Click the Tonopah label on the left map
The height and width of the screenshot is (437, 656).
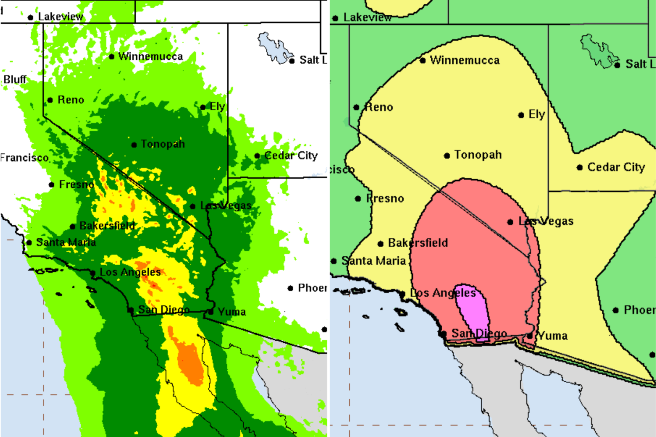(x=162, y=144)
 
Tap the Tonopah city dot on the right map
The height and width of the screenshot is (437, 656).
(x=447, y=155)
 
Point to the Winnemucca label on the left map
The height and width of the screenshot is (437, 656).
(x=150, y=56)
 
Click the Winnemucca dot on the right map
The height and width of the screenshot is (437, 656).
(x=423, y=61)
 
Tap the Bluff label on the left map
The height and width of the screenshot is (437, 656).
(x=15, y=79)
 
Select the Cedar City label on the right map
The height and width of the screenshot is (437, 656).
(x=616, y=167)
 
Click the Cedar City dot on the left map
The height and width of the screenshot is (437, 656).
(x=257, y=156)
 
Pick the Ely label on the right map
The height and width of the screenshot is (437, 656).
(x=537, y=114)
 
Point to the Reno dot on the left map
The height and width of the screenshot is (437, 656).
(x=50, y=100)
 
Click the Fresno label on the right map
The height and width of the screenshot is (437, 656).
(x=385, y=198)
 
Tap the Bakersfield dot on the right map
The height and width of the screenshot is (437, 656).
(x=380, y=244)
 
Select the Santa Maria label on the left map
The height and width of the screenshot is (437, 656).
(x=66, y=242)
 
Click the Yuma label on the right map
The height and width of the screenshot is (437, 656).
(x=553, y=336)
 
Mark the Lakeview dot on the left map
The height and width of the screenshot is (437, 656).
(x=30, y=17)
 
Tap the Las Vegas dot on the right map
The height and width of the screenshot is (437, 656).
(x=510, y=222)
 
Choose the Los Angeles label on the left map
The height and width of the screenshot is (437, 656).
(x=130, y=272)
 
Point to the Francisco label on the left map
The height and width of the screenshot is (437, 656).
(x=25, y=157)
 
